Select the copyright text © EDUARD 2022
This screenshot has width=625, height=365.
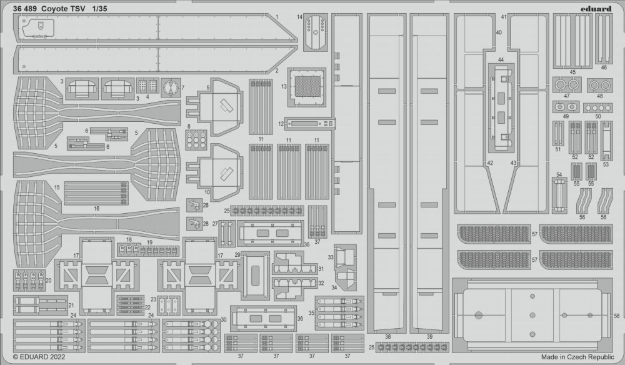pos(39,357)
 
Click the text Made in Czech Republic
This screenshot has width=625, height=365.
pos(577,357)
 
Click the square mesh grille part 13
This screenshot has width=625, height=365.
pos(307,87)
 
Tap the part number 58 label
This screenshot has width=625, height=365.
pos(617,316)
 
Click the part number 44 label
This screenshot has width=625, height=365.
pos(501,60)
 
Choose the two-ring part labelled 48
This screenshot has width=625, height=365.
pos(600,85)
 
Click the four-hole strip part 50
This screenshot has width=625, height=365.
pos(598,107)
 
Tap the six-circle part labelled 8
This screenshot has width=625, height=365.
pos(196,139)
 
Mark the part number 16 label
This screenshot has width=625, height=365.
pos(96,208)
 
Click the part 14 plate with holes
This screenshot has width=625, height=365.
pos(315,32)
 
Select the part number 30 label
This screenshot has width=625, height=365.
pos(224,319)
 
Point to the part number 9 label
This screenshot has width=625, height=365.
pos(208,87)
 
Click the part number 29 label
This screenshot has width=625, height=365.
pos(237,254)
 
